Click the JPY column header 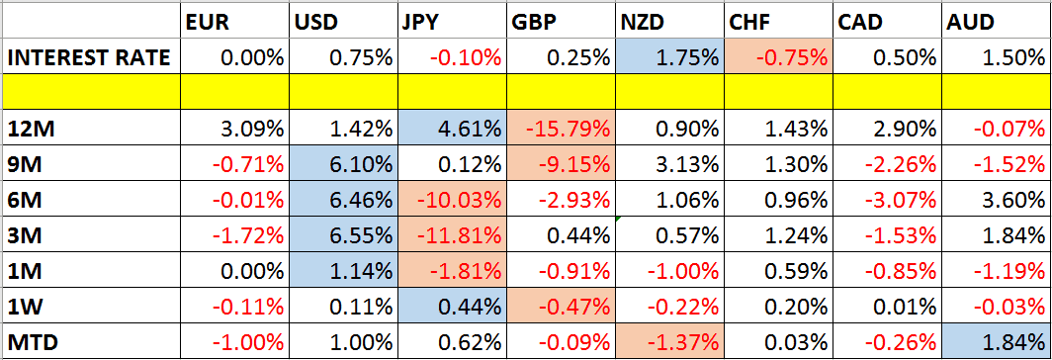(x=421, y=21)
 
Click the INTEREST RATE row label (x=89, y=57)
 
